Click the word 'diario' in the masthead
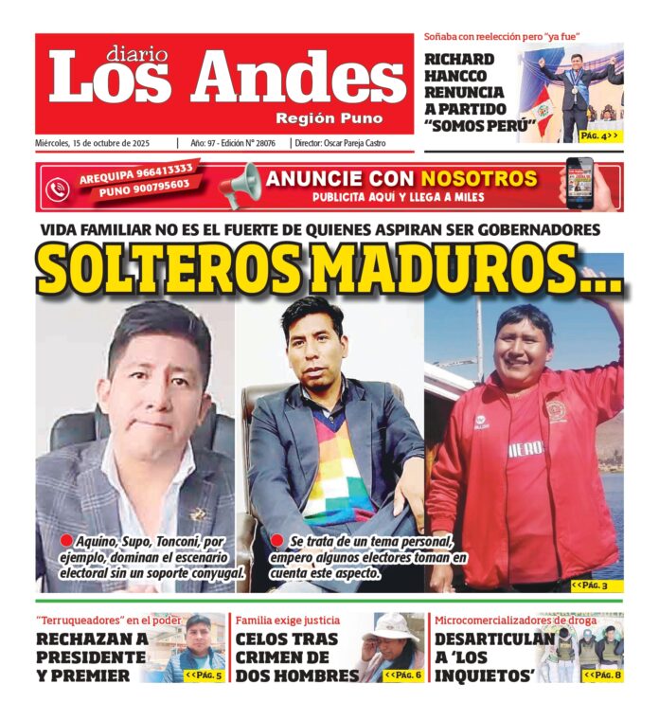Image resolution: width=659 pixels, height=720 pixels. pyautogui.click(x=135, y=54)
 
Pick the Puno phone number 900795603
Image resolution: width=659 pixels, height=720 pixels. pyautogui.click(x=142, y=189)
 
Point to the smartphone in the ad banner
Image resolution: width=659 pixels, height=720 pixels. pyautogui.click(x=579, y=183)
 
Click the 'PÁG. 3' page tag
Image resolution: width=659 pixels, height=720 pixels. pyautogui.click(x=596, y=586)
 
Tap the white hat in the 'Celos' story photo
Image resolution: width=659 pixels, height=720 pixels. pyautogui.click(x=390, y=626)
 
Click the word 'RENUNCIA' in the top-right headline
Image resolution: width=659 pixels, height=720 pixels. pyautogui.click(x=464, y=93)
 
